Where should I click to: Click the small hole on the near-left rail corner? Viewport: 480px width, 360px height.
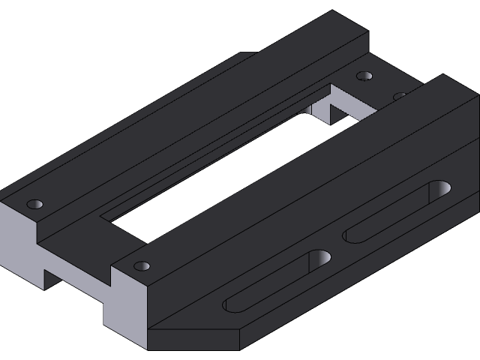click(x=34, y=204)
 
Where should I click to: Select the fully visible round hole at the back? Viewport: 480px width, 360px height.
click(x=364, y=76)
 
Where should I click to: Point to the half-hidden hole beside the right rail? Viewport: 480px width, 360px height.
click(x=400, y=96)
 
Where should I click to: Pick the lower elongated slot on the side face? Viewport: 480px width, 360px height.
click(x=277, y=281)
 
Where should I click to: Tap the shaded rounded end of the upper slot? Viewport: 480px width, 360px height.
click(x=439, y=189)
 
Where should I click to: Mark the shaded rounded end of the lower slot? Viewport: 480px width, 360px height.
click(x=320, y=259)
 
